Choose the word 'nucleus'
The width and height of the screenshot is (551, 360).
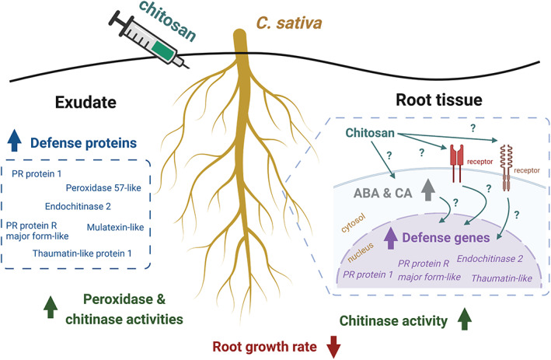tap(357, 253)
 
